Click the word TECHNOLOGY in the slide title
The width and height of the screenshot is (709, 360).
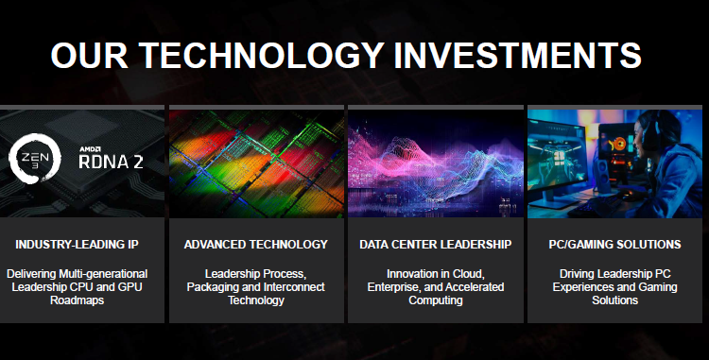262,55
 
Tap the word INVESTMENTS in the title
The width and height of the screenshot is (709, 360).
517,55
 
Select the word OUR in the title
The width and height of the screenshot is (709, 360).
90,55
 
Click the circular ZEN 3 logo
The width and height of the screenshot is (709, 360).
35,158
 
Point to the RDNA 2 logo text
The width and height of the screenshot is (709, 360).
111,162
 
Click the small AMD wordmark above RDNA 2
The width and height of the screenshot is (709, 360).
90,149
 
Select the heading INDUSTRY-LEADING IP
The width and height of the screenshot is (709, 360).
77,245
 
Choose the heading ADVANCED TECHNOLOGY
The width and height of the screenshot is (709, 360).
256,245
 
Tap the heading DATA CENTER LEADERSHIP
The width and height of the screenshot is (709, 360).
436,245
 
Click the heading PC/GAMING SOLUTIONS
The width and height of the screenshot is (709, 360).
615,245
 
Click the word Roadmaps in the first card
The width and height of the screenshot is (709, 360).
77,300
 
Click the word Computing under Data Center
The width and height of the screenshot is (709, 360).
436,300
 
